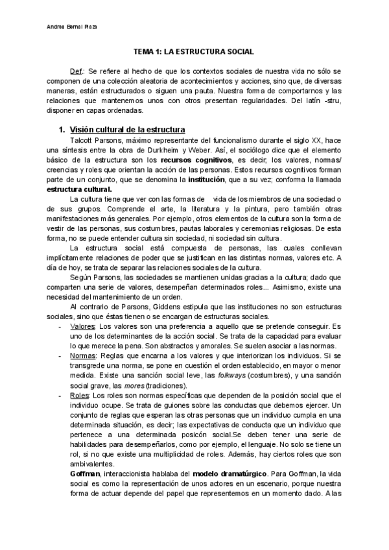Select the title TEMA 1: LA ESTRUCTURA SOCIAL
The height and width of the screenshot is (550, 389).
[194, 51]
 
